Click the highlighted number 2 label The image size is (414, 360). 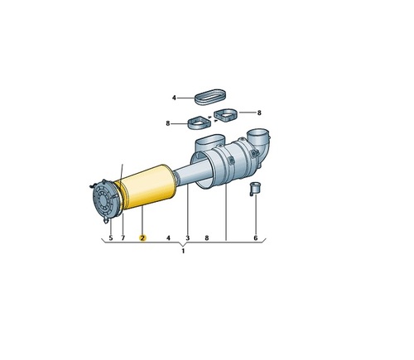click(x=142, y=238)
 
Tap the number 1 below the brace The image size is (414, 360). click(x=183, y=251)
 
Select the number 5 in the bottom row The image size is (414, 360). click(x=111, y=238)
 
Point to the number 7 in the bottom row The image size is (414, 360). click(x=123, y=238)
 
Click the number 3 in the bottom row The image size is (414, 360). click(x=188, y=238)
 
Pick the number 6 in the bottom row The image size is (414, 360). click(x=256, y=238)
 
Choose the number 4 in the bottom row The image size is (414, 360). click(x=168, y=238)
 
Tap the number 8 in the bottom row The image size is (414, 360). click(x=207, y=238)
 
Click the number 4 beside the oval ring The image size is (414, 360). click(x=174, y=98)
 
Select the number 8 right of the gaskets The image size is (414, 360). click(x=259, y=113)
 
